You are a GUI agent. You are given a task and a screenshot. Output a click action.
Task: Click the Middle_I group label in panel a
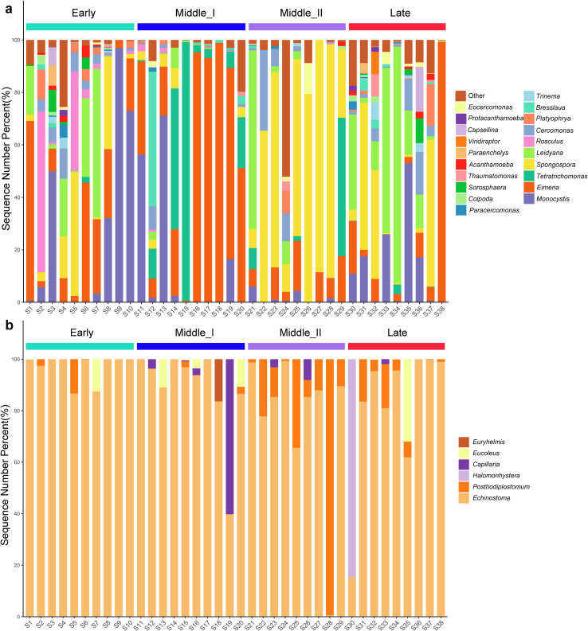click(190, 14)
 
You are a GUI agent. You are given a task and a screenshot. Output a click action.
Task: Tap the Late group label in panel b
click(397, 333)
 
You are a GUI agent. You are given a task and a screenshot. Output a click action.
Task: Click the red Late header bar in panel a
click(397, 27)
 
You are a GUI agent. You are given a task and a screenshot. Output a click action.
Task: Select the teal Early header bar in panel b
click(80, 346)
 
